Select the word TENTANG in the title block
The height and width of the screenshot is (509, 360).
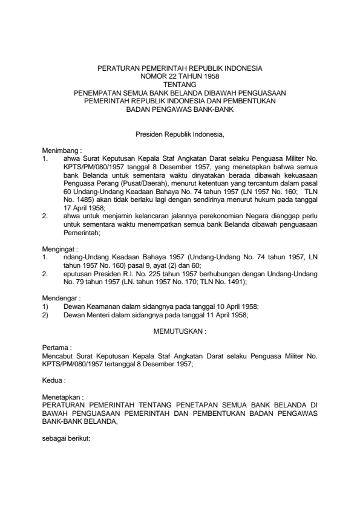pos(180,85)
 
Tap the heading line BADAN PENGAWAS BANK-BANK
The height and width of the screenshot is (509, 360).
pos(180,111)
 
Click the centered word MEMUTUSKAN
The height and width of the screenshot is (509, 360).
pos(180,332)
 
